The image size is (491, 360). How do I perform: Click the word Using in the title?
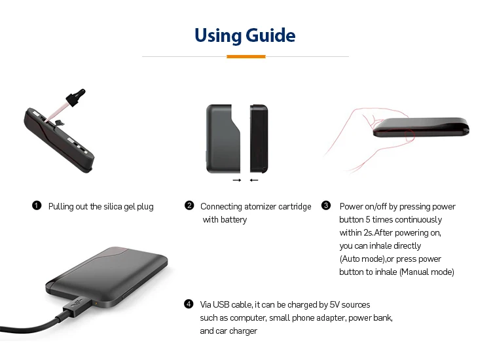217,35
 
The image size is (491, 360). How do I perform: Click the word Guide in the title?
270,35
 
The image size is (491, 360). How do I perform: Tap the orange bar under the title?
245,57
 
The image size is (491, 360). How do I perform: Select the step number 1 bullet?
37,206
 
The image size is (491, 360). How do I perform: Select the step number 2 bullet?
189,206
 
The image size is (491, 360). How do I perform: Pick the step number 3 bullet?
326,206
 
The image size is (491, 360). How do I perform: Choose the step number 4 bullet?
189,304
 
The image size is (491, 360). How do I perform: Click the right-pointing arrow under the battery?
237,180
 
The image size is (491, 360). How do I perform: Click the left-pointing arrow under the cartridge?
254,180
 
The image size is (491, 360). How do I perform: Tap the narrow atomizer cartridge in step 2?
259,138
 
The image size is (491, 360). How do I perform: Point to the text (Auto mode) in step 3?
361,259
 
